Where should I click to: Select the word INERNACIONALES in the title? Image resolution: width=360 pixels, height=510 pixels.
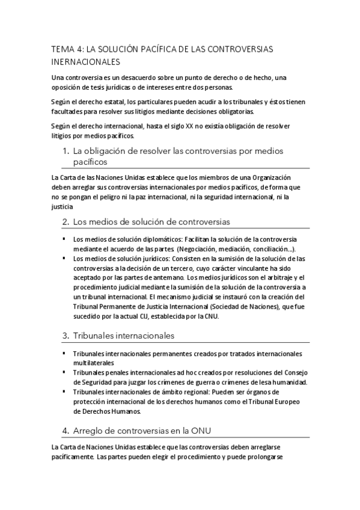86,61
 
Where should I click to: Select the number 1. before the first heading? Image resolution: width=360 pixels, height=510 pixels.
66,150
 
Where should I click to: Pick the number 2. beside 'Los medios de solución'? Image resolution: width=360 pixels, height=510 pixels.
66,221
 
